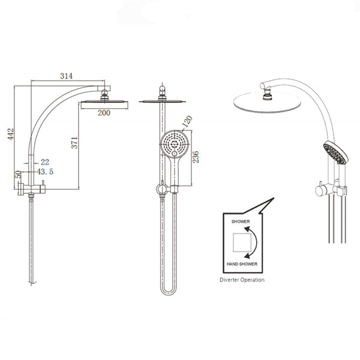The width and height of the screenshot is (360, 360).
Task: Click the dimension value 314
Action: click(66, 76)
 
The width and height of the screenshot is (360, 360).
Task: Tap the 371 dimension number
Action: click(74, 143)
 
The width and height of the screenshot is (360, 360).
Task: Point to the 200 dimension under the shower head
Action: click(104, 113)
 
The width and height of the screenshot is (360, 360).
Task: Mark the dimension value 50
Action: click(18, 175)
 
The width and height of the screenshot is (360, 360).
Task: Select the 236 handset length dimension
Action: click(196, 157)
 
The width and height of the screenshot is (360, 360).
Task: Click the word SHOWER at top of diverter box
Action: click(241, 221)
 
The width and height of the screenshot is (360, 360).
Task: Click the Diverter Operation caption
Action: click(243, 280)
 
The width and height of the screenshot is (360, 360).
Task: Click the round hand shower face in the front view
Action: click(173, 144)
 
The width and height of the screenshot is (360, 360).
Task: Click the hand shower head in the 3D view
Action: click(335, 154)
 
